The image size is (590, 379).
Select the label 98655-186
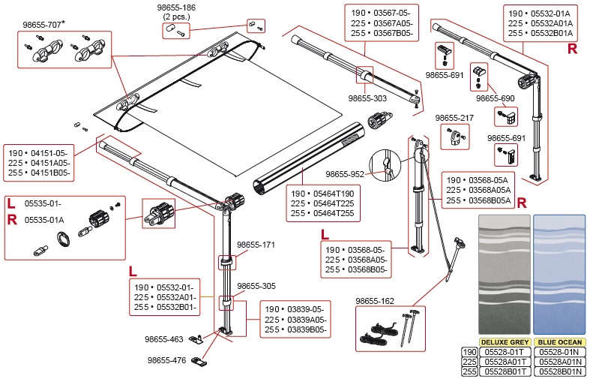[x=177, y=7]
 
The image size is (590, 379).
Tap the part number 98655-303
[x=367, y=98]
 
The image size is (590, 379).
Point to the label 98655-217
[x=456, y=118]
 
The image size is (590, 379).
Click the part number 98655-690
[x=496, y=98]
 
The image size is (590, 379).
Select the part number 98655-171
[x=256, y=245]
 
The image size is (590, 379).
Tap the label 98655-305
[x=256, y=286]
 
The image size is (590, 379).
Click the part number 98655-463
[x=164, y=339]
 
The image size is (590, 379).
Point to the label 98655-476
[x=166, y=360]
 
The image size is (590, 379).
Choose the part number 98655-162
[x=374, y=300]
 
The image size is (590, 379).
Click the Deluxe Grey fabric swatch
[x=505, y=273]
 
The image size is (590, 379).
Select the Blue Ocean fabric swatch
[x=559, y=273]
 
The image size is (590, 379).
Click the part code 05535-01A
[x=44, y=220]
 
